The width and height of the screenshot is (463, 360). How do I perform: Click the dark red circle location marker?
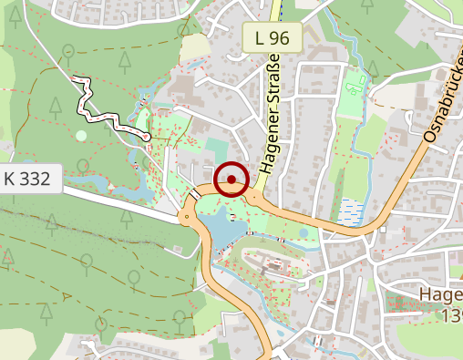tap(232, 178)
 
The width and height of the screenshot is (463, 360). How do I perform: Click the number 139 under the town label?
tap(450, 315)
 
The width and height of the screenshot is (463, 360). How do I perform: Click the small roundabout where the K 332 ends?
tap(186, 219)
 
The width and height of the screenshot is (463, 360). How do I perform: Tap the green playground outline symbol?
tap(353, 88)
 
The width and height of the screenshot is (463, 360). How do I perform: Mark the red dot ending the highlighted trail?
tap(147, 136)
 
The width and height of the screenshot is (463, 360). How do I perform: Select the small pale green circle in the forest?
tap(81, 136)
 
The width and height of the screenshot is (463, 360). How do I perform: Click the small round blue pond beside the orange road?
tap(304, 233)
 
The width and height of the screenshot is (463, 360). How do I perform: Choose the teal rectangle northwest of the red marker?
tap(216, 147)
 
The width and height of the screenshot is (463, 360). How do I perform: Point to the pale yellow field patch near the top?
tap(193, 48)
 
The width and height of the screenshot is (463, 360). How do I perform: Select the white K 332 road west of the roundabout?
tap(118, 201)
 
